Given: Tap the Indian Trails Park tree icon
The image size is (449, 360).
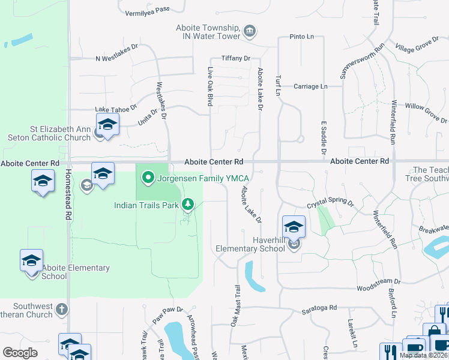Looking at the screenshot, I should [188, 205].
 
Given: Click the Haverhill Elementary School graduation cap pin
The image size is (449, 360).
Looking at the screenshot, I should [294, 227].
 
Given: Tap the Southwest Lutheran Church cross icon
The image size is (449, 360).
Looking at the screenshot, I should [61, 310].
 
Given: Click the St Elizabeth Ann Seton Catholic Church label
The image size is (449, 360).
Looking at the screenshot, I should [60, 133].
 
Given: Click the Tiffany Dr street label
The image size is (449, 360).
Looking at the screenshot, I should [235, 58].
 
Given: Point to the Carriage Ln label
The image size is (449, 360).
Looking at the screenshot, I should [310, 86].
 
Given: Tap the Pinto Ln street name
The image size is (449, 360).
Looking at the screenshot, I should [302, 37].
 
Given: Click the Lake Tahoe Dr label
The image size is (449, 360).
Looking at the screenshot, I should [116, 110].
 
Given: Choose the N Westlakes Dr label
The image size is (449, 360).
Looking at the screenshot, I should [116, 59].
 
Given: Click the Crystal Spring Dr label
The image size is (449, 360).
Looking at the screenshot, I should [330, 204].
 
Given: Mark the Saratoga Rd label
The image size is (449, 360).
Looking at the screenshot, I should [319, 308].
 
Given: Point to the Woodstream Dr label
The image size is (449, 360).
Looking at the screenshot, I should [378, 281].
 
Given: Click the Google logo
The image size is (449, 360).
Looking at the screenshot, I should [20, 353].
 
